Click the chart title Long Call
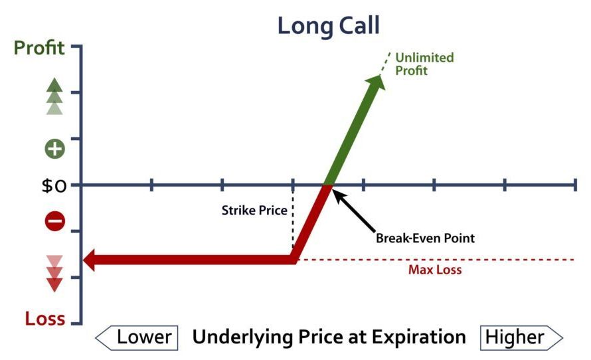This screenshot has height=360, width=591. (x=328, y=27)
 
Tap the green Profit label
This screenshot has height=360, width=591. (x=39, y=48)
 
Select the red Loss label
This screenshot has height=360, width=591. (x=45, y=319)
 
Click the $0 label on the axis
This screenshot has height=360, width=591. (x=54, y=186)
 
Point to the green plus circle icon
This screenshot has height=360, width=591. (x=55, y=149)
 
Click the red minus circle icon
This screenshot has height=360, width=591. (x=55, y=221)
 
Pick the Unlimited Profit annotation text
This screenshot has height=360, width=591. (x=424, y=64)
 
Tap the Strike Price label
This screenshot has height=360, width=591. (x=254, y=211)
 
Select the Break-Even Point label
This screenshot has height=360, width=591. (x=425, y=238)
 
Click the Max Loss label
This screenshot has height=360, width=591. (x=435, y=270)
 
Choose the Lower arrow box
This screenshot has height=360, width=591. (x=136, y=338)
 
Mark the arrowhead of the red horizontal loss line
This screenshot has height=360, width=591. (x=89, y=259)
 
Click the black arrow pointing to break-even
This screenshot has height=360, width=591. (x=353, y=211)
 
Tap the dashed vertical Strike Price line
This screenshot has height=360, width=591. (x=293, y=219)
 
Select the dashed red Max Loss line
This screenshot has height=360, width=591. (x=436, y=260)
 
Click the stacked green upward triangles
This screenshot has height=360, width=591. (x=54, y=96)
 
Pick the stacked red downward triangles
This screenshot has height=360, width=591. (x=54, y=274)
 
